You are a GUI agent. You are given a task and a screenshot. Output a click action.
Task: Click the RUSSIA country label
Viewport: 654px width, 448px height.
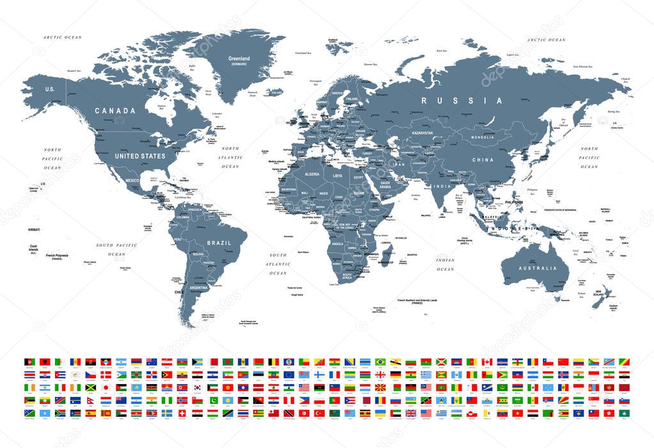pyautogui.click(x=462, y=100)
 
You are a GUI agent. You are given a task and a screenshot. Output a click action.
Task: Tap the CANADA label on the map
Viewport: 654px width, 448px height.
pyautogui.click(x=115, y=111)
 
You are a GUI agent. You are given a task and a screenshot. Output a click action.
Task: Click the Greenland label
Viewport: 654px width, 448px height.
pyautogui.click(x=239, y=59)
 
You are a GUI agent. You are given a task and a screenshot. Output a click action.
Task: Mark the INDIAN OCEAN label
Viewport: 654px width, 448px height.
pyautogui.click(x=445, y=265)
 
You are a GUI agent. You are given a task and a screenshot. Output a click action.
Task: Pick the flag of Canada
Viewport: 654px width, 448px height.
pyautogui.click(x=486, y=362)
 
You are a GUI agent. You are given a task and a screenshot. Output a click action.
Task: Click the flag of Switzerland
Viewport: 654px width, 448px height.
pyautogui.click(x=183, y=413)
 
